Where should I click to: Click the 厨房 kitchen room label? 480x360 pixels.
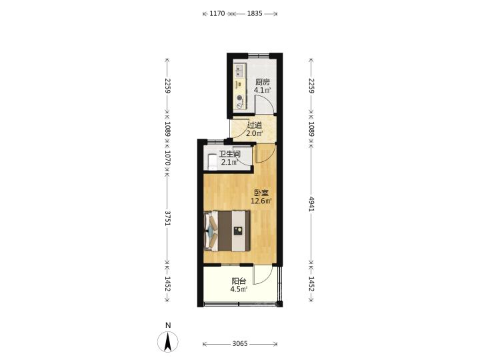[263, 82]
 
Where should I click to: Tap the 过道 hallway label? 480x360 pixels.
[255, 125]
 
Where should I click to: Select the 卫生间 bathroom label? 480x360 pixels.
[229, 154]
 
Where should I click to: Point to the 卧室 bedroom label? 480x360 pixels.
[261, 193]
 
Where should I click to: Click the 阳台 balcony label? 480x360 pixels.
[239, 281]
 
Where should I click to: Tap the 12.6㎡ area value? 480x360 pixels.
[261, 201]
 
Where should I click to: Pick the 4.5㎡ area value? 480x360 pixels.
[239, 289]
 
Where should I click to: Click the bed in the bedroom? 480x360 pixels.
[227, 231]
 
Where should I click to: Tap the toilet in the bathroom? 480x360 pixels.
[212, 161]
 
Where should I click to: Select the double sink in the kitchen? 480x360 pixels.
[239, 71]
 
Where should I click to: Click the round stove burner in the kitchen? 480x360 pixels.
[239, 98]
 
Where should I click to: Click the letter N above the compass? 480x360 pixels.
[168, 326]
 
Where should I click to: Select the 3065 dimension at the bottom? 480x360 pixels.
[240, 344]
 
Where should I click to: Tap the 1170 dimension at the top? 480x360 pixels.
[217, 13]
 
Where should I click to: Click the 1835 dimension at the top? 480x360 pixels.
[255, 13]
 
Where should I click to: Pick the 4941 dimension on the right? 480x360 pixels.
[311, 204]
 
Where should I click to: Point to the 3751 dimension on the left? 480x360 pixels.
[167, 218]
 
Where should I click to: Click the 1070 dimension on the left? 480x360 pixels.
[167, 157]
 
